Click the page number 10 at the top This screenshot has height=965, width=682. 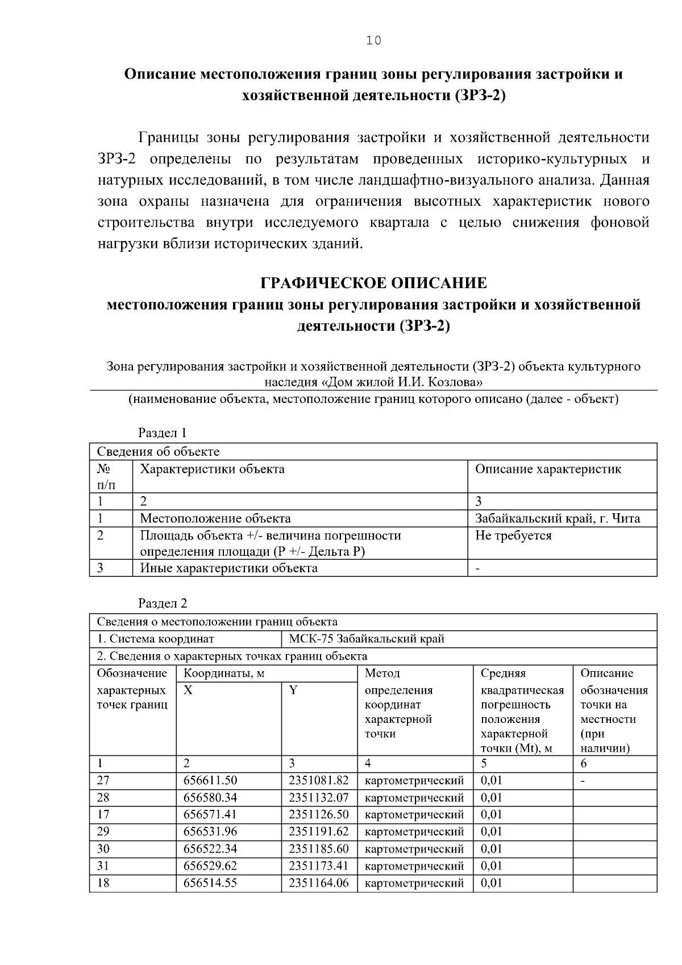[373, 40]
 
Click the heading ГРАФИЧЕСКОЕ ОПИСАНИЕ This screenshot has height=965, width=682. [373, 283]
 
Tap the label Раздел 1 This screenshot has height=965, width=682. [163, 433]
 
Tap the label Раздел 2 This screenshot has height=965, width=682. [163, 604]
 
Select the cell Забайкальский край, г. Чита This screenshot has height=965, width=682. [557, 518]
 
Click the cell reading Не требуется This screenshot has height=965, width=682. [513, 536]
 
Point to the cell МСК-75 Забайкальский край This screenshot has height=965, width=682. [366, 639]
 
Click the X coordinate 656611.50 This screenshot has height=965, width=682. [210, 781]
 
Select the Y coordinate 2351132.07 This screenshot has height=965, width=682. [318, 798]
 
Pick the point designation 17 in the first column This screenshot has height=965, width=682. [103, 814]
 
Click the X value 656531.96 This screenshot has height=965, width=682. [210, 831]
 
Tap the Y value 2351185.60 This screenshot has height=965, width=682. [318, 849]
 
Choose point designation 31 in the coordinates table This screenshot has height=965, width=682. [103, 866]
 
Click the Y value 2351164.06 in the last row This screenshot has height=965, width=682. [318, 883]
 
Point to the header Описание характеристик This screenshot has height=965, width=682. [547, 469]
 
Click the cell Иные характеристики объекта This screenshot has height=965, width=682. [228, 568]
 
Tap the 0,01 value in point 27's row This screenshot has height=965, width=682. [492, 781]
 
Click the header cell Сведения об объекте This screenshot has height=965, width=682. [158, 452]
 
